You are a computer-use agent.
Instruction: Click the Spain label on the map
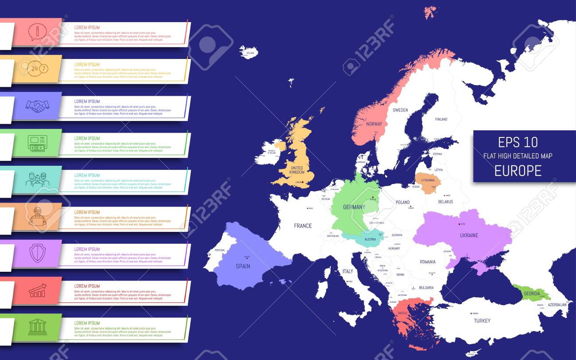point(243,266)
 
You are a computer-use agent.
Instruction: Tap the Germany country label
point(354,207)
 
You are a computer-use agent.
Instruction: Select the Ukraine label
point(469,235)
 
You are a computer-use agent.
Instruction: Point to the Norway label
point(374,124)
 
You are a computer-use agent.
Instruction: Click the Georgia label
point(532,293)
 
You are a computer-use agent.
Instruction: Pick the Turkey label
point(482,321)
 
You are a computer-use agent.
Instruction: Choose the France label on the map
point(303,226)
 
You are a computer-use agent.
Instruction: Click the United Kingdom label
point(296,169)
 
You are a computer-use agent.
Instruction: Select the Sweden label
point(400,110)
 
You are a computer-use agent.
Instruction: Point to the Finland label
point(441,119)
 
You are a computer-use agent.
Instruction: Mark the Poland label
point(402,202)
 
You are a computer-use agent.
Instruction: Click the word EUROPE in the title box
point(518,171)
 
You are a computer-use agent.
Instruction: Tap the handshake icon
point(37,105)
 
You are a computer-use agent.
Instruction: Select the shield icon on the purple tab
point(37,254)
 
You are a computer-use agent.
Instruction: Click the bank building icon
point(37,328)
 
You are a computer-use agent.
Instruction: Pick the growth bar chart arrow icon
point(37,290)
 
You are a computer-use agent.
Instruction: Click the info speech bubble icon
point(37,31)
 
